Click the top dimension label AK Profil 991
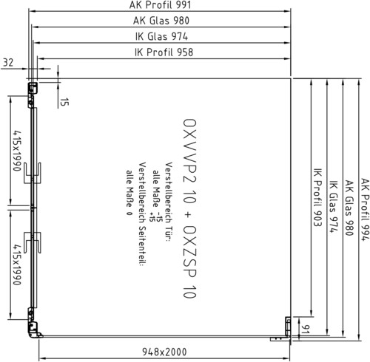160,5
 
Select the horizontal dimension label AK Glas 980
161,21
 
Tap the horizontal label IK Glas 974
161,36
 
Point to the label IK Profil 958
164,52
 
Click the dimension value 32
8,63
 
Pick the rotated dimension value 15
64,102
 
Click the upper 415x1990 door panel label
17,151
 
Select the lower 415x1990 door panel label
17,264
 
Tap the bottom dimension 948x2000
164,352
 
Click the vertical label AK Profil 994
366,210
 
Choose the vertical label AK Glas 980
349,208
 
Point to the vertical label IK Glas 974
334,207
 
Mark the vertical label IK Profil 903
317,197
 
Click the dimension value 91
306,329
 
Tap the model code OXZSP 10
189,262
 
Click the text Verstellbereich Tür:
169,202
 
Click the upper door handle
33,173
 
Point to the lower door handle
33,242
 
